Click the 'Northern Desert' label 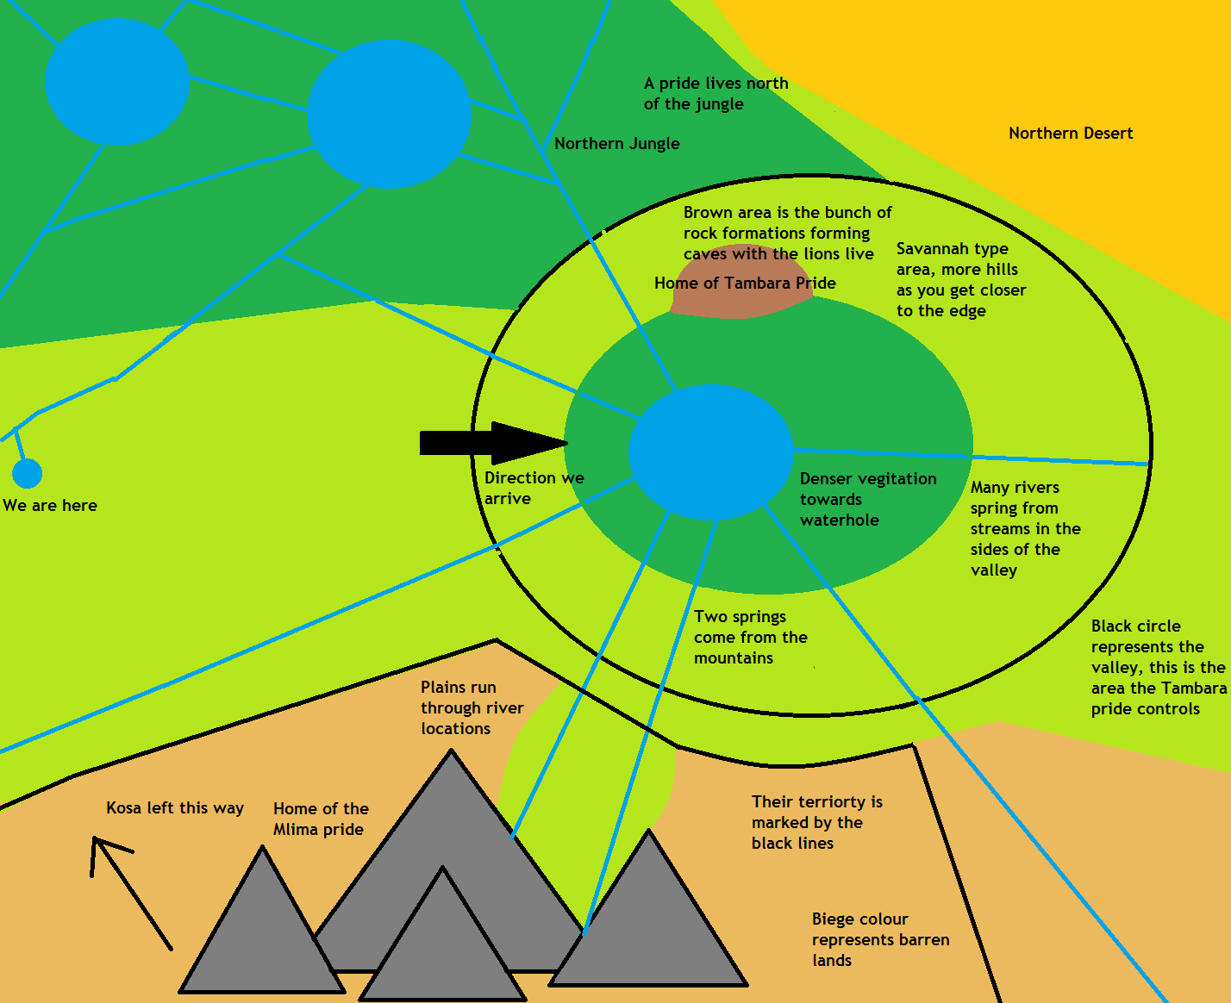click(x=1071, y=134)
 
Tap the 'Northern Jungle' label click(x=616, y=144)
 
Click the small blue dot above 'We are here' click(x=27, y=473)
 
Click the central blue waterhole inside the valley click(x=710, y=452)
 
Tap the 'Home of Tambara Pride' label click(x=745, y=283)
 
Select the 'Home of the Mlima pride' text click(x=320, y=819)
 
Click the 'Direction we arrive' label click(x=533, y=488)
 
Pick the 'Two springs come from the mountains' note click(x=750, y=638)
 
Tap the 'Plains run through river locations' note click(x=472, y=707)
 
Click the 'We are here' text click(x=50, y=506)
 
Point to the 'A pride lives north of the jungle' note click(x=715, y=93)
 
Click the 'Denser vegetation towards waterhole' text click(x=866, y=500)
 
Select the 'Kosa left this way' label click(x=175, y=808)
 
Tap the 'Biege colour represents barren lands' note click(x=879, y=940)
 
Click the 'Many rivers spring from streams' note click(x=1024, y=528)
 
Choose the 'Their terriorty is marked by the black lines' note click(x=815, y=823)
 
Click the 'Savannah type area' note click(x=960, y=279)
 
